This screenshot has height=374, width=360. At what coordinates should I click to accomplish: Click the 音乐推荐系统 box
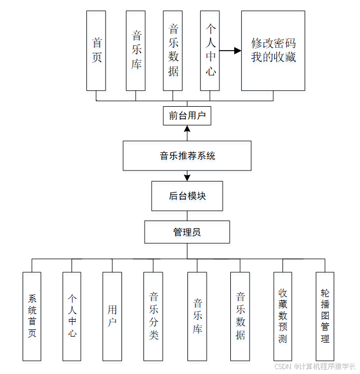point(187,156)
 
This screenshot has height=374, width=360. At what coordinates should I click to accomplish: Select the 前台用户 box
point(187,116)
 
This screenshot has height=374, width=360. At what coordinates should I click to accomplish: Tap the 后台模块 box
point(187,196)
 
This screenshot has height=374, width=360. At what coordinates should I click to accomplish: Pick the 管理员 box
point(187,232)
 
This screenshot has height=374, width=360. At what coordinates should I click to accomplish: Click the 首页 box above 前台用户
point(97,50)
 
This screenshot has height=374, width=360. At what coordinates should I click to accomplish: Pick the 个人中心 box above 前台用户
point(211,50)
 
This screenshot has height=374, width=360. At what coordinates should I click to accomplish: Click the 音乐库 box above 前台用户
point(136,50)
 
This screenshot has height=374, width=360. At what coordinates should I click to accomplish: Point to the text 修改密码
point(273,43)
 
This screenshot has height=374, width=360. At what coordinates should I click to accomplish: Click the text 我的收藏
point(273,57)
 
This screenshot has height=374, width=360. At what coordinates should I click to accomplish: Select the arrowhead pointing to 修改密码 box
point(237,51)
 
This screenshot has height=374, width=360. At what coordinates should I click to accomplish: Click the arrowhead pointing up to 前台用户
point(187,129)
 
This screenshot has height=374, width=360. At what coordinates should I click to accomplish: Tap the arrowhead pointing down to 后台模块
point(187,177)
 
